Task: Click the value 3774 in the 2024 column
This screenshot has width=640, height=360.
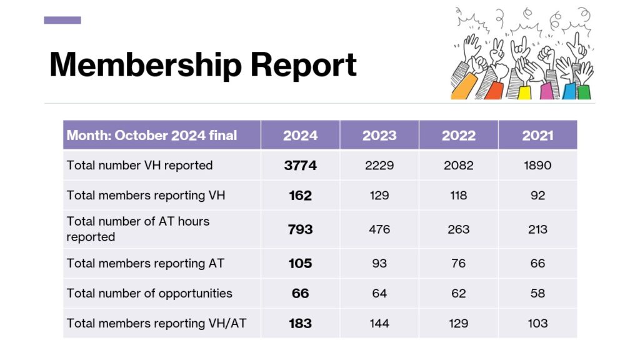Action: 300,166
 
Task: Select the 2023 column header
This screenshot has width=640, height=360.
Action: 379,136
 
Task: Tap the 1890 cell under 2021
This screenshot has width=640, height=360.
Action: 537,166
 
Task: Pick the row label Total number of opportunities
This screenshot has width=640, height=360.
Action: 149,293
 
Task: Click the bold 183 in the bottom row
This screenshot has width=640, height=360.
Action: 300,323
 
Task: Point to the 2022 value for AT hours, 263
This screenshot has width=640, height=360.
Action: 458,229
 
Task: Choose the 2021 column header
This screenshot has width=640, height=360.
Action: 537,136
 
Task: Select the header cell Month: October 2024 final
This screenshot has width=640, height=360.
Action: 152,136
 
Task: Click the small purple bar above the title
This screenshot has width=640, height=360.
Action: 62,20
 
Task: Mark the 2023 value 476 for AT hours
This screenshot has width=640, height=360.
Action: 379,229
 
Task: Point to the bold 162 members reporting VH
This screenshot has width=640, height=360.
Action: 300,196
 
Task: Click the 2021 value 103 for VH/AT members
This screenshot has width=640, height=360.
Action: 537,323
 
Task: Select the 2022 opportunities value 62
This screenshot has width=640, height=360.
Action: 458,293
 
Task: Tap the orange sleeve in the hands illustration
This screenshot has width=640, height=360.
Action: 463,88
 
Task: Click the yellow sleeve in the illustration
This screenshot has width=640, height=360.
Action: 524,92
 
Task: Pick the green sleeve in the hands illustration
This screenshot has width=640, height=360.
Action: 584,92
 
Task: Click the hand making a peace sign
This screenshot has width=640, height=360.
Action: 498,50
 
